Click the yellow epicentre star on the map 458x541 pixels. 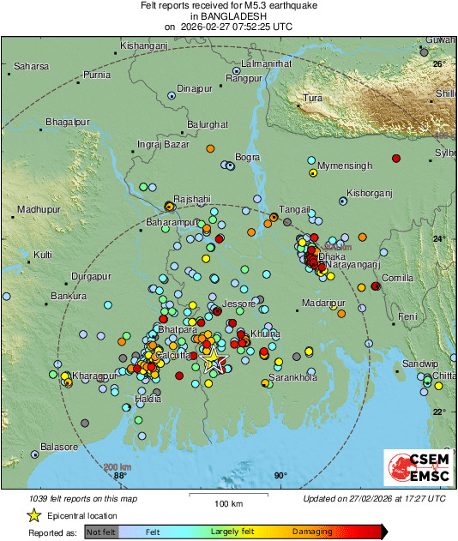pos(212,361)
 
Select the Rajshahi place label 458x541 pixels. pos(191,198)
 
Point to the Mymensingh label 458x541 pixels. pos(345,165)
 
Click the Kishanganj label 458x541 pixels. pos(143,45)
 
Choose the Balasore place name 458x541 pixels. pos(59,448)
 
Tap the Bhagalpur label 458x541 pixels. pos(68,122)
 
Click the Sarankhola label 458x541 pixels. pos(293,377)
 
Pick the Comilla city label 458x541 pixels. pos(397,279)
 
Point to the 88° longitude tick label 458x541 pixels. pos(119,477)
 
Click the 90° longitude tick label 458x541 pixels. pos(280,477)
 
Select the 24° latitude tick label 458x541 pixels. pos(438,238)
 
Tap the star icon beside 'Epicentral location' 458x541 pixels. pos(33,515)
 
